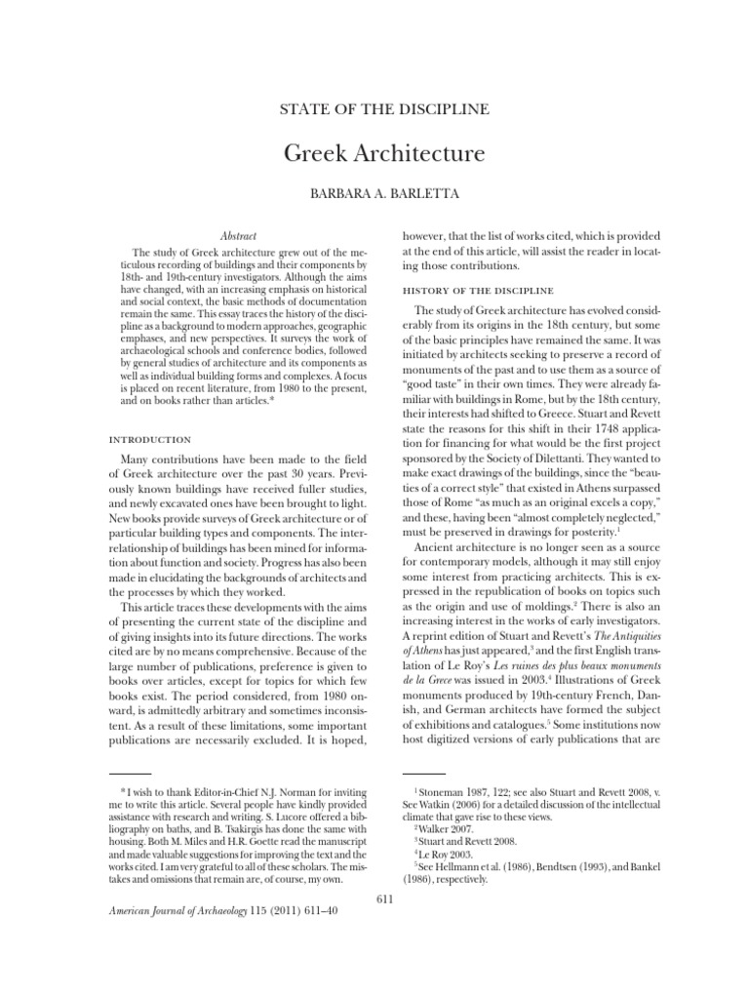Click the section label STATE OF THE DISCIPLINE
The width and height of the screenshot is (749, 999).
click(374, 109)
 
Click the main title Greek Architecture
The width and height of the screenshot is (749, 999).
click(374, 155)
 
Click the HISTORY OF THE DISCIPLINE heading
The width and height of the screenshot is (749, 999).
click(478, 291)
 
